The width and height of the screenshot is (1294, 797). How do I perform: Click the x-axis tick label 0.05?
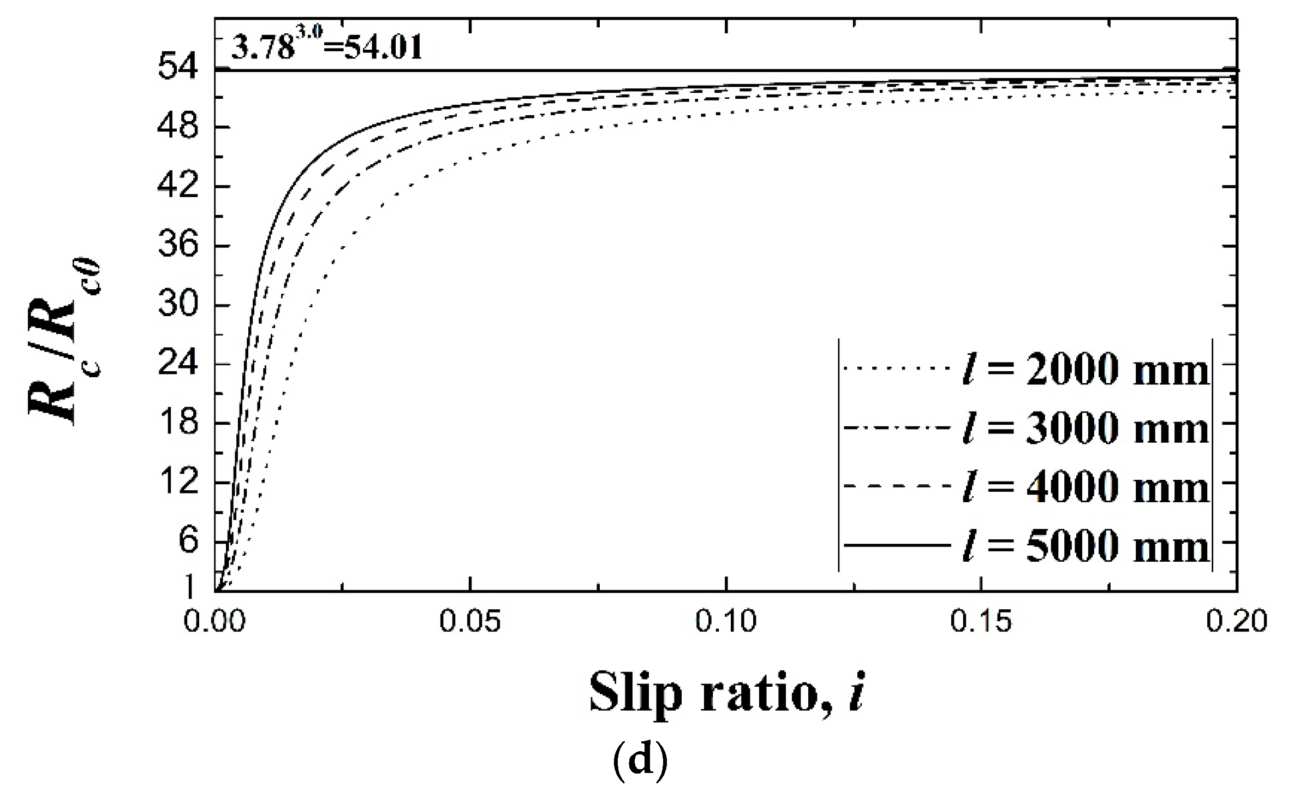(x=470, y=623)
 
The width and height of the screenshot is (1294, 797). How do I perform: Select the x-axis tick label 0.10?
(x=725, y=623)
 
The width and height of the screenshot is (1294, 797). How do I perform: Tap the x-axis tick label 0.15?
(x=981, y=623)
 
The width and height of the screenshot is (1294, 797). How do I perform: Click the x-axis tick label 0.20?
(x=1236, y=623)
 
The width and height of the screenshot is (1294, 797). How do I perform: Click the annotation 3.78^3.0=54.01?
(x=326, y=47)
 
